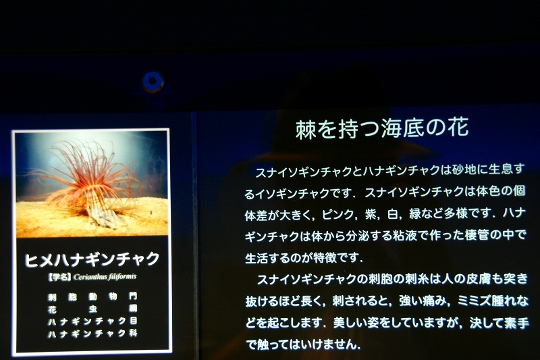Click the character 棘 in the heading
pyautogui.click(x=306, y=129)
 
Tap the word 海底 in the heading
pyautogui.click(x=402, y=128)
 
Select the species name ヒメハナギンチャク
pyautogui.click(x=92, y=259)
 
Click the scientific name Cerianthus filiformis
pyautogui.click(x=105, y=277)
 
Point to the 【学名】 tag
pyautogui.click(x=59, y=277)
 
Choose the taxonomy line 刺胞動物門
pyautogui.click(x=92, y=297)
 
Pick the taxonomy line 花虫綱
pyautogui.click(x=92, y=309)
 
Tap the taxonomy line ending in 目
pyautogui.click(x=92, y=322)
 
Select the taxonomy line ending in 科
pyautogui.click(x=92, y=334)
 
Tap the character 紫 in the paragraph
pyautogui.click(x=371, y=214)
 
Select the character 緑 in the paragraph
pyautogui.click(x=414, y=214)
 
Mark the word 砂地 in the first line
pyautogui.click(x=464, y=170)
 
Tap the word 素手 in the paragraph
pyautogui.click(x=516, y=323)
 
